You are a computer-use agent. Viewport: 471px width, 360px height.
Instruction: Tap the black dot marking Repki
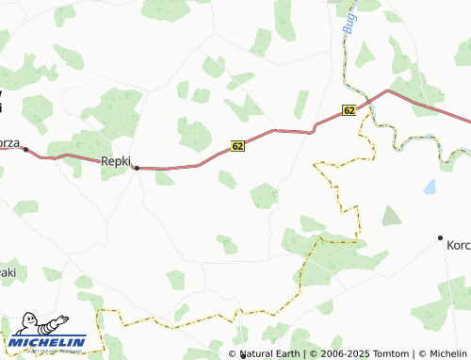click(137, 169)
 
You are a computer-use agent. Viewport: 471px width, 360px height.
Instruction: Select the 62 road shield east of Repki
click(237, 146)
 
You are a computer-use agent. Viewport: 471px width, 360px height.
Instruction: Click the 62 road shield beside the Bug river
click(349, 111)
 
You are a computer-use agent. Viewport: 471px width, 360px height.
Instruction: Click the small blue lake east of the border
click(430, 187)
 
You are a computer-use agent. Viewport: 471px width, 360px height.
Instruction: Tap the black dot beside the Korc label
click(440, 237)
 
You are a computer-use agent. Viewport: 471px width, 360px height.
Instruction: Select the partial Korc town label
click(458, 245)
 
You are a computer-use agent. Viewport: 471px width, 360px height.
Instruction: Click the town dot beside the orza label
click(25, 149)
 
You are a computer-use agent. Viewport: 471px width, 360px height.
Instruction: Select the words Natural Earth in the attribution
click(269, 353)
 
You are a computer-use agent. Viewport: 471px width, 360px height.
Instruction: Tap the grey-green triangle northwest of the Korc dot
click(391, 216)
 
